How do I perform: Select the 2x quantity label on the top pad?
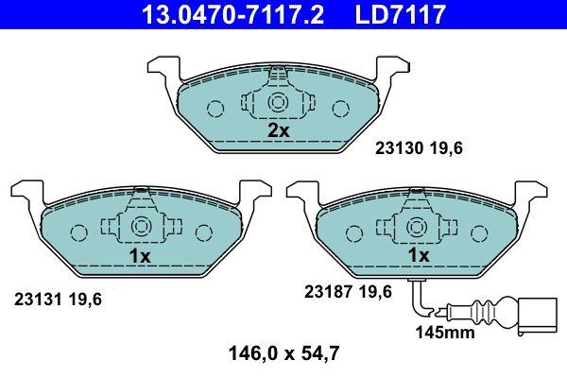click(x=278, y=130)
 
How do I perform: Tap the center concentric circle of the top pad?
click(x=278, y=103)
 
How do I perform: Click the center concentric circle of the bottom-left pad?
click(x=141, y=227)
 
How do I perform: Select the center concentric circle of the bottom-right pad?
click(x=417, y=227)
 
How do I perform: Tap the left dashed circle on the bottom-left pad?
click(x=78, y=231)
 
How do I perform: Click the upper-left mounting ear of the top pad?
click(x=163, y=67)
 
